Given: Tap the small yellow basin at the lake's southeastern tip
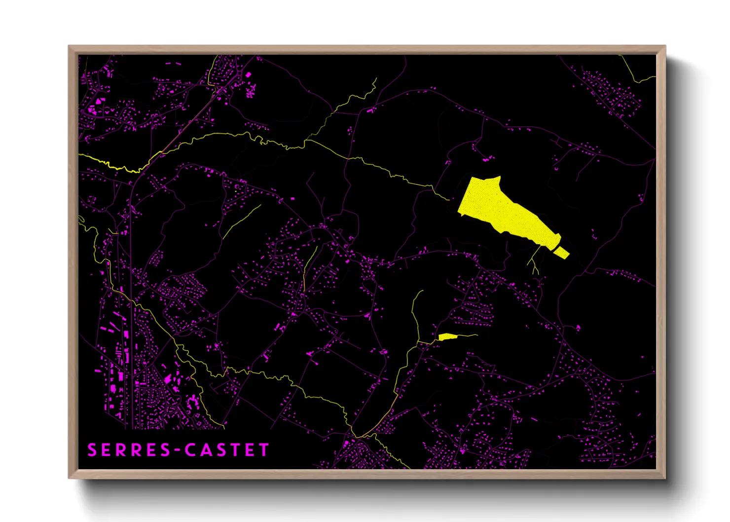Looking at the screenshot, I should click(x=561, y=253).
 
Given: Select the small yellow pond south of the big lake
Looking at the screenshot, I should click(x=447, y=336).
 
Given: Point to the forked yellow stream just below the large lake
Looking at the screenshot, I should click(x=534, y=261).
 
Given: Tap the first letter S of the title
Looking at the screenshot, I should click(x=92, y=450).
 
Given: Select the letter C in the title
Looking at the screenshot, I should click(x=192, y=450).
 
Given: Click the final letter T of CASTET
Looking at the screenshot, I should click(x=265, y=450).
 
